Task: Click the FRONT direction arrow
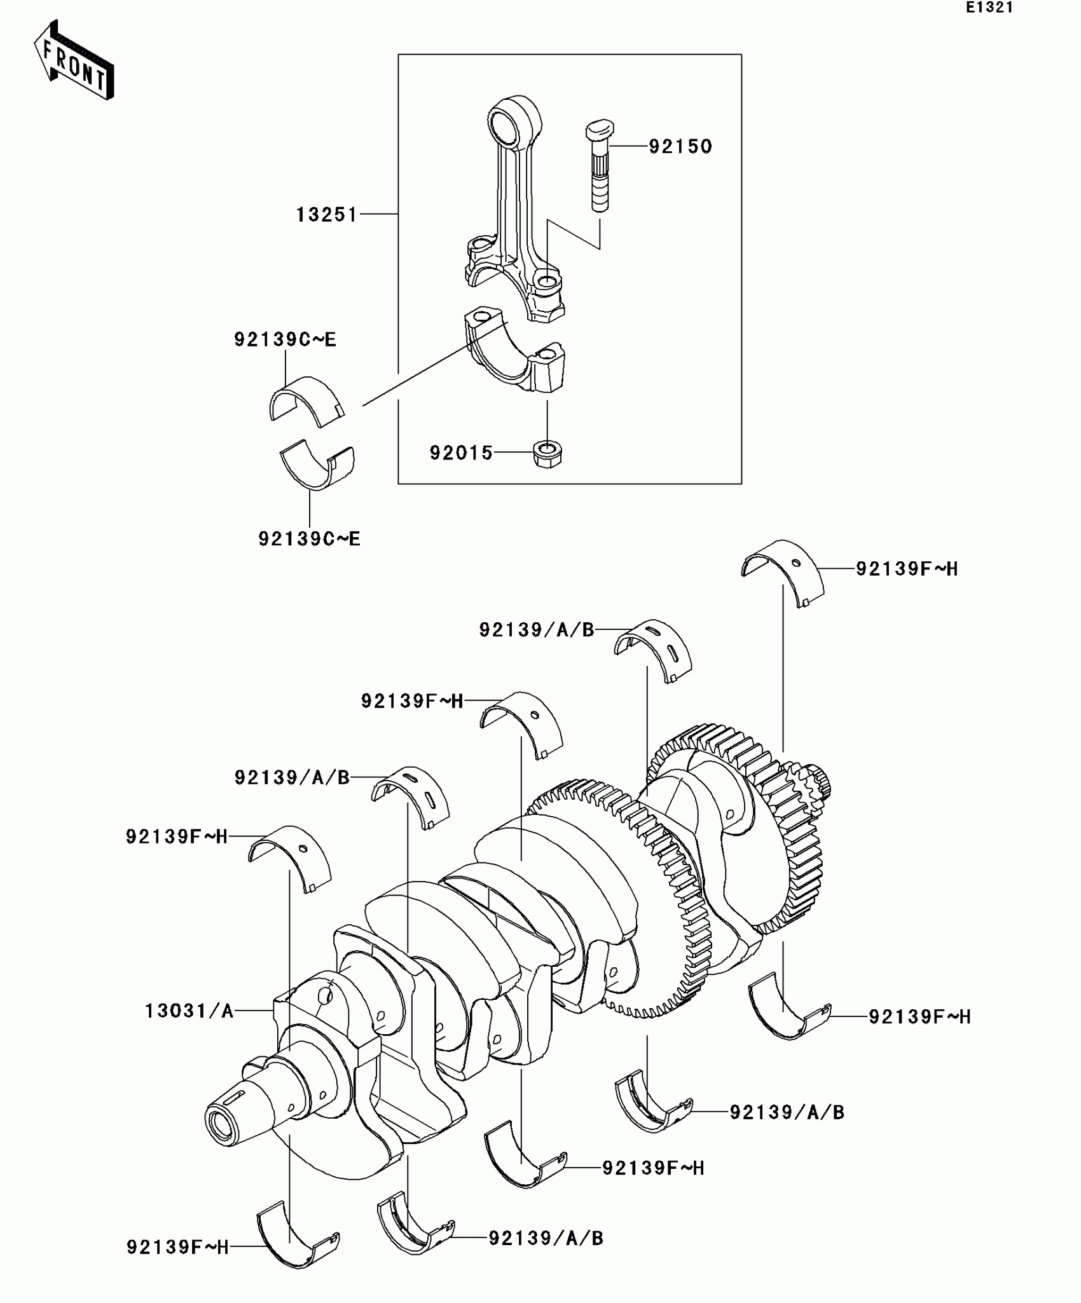pyautogui.click(x=74, y=61)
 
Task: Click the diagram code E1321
pyautogui.click(x=989, y=8)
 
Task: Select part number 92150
pyautogui.click(x=680, y=147)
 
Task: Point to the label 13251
pyautogui.click(x=327, y=215)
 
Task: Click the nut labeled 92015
pyautogui.click(x=547, y=454)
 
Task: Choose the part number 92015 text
pyautogui.click(x=461, y=453)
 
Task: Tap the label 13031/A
pyautogui.click(x=189, y=1011)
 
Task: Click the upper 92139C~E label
pyautogui.click(x=285, y=340)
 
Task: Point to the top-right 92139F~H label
pyautogui.click(x=906, y=569)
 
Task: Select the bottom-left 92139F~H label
pyautogui.click(x=177, y=1247)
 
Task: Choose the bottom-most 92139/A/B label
pyautogui.click(x=546, y=1238)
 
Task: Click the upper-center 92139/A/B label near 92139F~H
pyautogui.click(x=536, y=630)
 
